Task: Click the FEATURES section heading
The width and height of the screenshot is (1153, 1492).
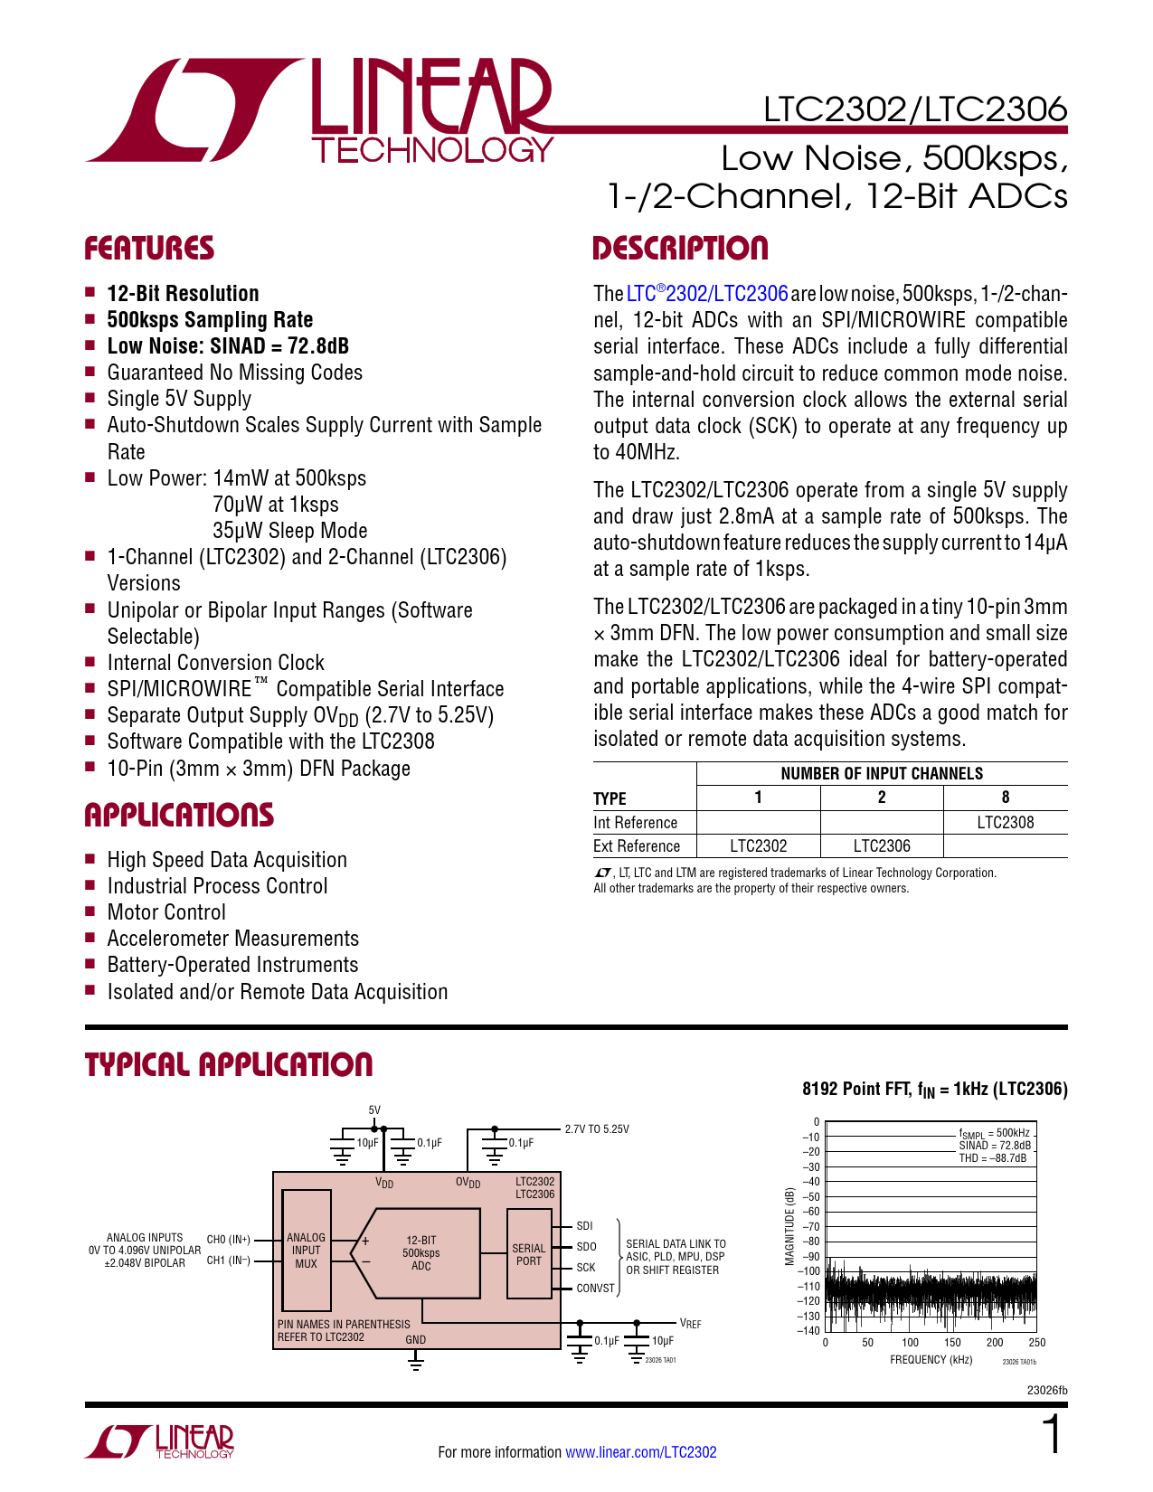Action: [x=149, y=249]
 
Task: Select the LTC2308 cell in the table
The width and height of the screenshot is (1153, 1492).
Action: [x=1005, y=822]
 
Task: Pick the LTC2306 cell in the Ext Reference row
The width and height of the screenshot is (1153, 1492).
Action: [x=882, y=845]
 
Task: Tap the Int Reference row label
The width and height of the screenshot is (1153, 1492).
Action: [x=635, y=822]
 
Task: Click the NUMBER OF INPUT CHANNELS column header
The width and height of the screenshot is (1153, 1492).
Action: [x=881, y=773]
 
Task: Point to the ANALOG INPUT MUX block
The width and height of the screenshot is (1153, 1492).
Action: [x=306, y=1250]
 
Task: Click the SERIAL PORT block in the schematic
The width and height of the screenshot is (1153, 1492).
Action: [x=529, y=1254]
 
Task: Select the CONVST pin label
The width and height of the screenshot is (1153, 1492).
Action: [x=595, y=1288]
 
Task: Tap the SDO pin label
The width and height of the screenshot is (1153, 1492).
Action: [x=586, y=1246]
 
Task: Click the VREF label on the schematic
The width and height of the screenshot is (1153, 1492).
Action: [x=690, y=1324]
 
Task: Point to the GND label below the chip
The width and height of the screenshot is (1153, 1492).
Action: [x=416, y=1339]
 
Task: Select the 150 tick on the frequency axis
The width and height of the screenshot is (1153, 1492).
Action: [x=952, y=1343]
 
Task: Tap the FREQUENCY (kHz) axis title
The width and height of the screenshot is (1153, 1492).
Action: [x=931, y=1359]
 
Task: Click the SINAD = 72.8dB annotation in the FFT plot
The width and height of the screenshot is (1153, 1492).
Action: [x=994, y=1145]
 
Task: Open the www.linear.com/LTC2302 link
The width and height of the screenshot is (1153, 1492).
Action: [x=640, y=1452]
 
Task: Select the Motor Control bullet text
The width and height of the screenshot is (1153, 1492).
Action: [x=166, y=912]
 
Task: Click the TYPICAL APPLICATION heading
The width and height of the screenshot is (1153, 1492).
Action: [x=228, y=1064]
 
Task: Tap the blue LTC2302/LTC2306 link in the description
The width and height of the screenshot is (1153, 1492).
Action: [x=707, y=294]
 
